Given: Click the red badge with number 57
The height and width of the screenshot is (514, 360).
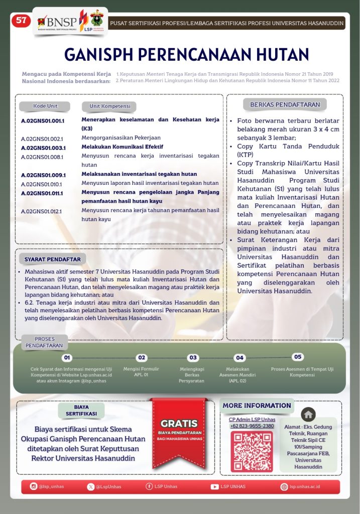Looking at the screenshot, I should pyautogui.click(x=21, y=21).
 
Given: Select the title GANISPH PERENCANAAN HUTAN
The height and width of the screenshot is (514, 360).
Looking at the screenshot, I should pyautogui.click(x=187, y=54).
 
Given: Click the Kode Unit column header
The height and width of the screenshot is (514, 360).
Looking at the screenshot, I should pyautogui.click(x=45, y=106).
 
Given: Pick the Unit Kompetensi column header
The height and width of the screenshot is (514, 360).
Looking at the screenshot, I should pyautogui.click(x=109, y=106).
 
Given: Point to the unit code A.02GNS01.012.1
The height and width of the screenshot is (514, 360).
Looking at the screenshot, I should pyautogui.click(x=42, y=211).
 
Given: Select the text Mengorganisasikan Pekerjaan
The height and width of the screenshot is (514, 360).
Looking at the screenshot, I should pyautogui.click(x=121, y=138).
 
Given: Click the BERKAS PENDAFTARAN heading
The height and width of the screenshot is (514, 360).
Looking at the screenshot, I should pyautogui.click(x=285, y=105).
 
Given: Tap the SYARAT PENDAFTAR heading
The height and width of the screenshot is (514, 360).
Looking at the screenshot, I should pyautogui.click(x=52, y=260).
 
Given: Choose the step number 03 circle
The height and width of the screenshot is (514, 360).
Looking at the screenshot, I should pyautogui.click(x=193, y=358).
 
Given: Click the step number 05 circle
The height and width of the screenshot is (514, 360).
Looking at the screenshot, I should pyautogui.click(x=298, y=357).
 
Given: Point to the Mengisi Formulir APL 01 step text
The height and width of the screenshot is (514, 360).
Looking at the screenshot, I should pyautogui.click(x=142, y=371).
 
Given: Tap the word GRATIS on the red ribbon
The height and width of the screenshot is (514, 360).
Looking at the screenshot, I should pyautogui.click(x=179, y=423).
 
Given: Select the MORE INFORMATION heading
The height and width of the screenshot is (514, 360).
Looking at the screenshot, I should pyautogui.click(x=257, y=405).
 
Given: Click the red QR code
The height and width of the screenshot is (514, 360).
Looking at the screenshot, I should pyautogui.click(x=252, y=451).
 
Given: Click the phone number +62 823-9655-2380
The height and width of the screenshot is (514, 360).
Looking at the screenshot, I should pyautogui.click(x=252, y=426).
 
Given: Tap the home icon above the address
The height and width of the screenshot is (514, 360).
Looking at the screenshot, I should pyautogui.click(x=308, y=414).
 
